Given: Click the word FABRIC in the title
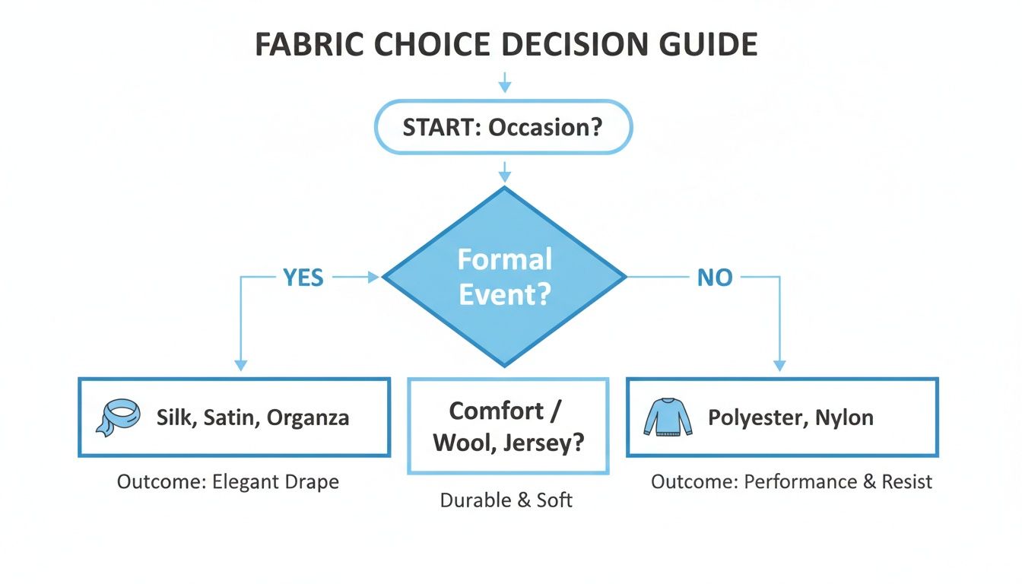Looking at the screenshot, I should tap(306, 46).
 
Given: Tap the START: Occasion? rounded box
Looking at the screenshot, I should tap(503, 127).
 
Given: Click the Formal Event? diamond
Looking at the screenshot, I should tap(504, 277).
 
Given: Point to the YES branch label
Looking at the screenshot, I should tap(303, 278).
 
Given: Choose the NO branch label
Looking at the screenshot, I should tap(715, 278).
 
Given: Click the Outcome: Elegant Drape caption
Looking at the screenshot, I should tap(228, 482).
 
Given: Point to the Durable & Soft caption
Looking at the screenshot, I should tap(506, 500).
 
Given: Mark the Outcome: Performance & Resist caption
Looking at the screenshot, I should tap(792, 482).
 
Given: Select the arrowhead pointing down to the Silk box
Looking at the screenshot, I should tap(240, 366).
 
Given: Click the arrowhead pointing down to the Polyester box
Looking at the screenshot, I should tap(779, 366).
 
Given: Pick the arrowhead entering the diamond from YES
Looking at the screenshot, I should tap(373, 278).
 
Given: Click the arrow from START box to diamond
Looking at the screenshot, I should tap(504, 171).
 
